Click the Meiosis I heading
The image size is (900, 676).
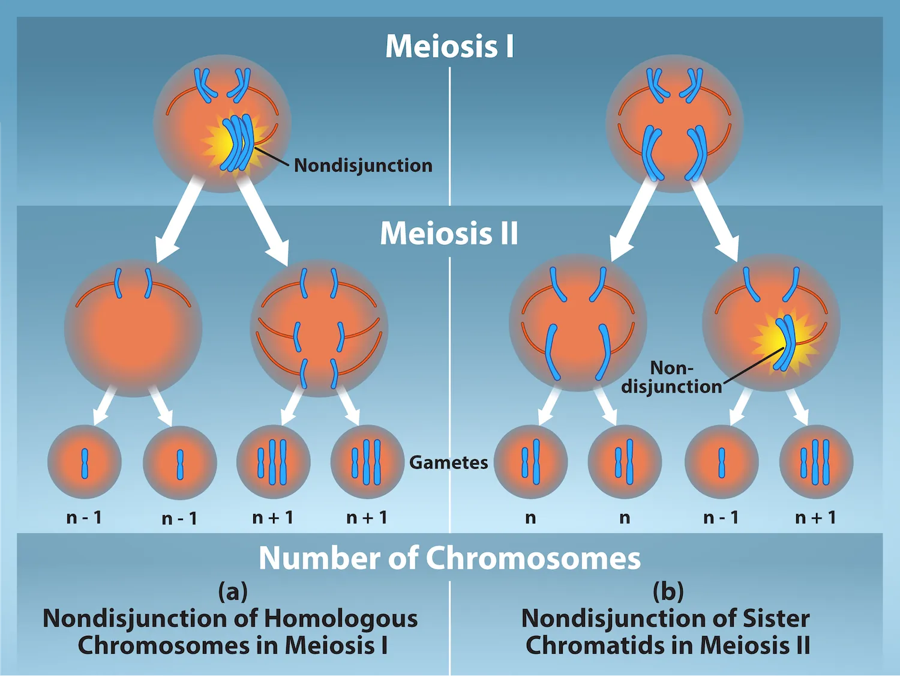[x=449, y=46]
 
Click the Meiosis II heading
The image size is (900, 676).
[x=449, y=234]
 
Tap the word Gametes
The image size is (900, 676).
[x=448, y=462]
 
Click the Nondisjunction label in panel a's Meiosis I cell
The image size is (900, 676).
[x=363, y=165]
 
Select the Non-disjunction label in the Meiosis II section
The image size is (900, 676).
[x=671, y=377]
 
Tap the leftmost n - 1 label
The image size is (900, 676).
[x=84, y=518]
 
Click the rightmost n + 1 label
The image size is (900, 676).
[x=815, y=518]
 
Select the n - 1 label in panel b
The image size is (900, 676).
[x=721, y=518]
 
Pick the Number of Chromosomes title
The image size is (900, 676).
[x=449, y=558]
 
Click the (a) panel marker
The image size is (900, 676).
[x=233, y=591]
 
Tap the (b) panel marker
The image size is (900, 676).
[x=668, y=591]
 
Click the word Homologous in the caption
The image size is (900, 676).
[x=341, y=618]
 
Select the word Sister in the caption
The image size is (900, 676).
[x=776, y=618]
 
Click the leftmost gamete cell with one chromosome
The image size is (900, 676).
[x=85, y=462]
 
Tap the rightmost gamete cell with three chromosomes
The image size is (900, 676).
[x=816, y=462]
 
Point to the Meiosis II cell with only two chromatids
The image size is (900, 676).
[x=133, y=328]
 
